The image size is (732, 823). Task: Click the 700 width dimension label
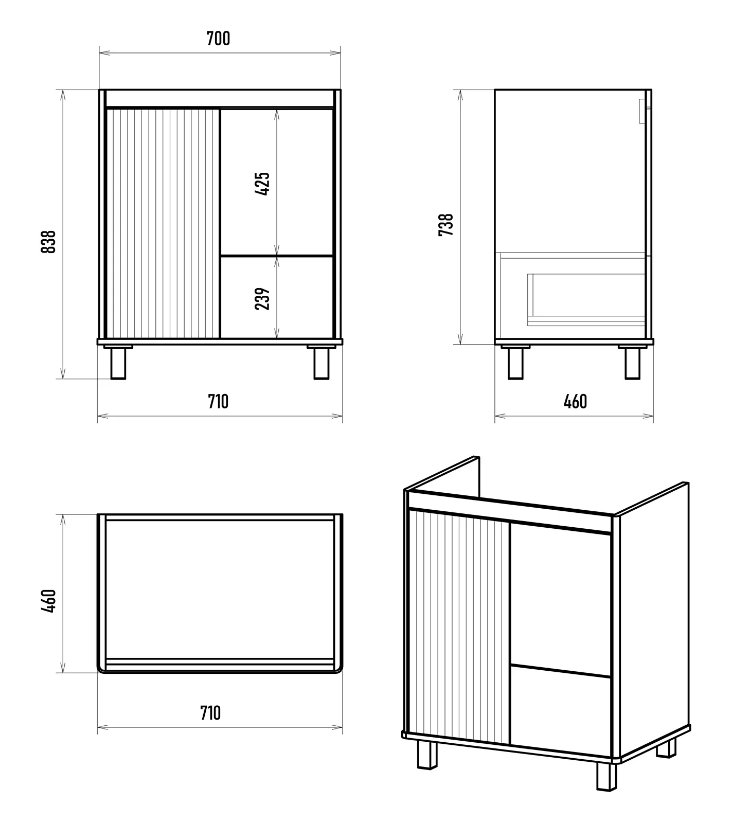(218, 39)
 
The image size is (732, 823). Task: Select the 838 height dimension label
(48, 241)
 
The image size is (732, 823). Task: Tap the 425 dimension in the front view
(262, 184)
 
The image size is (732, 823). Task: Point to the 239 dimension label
(262, 298)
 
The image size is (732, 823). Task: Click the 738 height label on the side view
(446, 225)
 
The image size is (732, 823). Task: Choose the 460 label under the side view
(575, 402)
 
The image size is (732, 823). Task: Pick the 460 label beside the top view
(48, 600)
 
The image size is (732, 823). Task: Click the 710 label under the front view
(218, 402)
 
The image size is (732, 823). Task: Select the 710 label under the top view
(211, 713)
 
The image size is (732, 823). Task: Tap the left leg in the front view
(118, 363)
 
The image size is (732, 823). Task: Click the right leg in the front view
(322, 363)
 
